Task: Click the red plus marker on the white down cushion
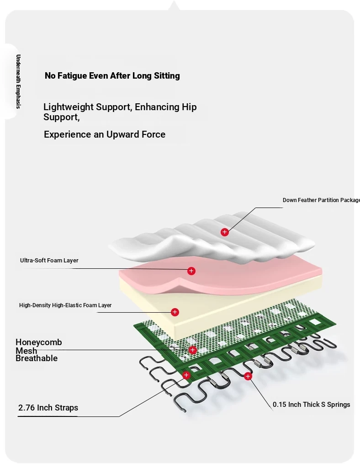point(224,232)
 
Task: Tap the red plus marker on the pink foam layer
point(191,271)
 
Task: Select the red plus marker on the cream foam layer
point(175,312)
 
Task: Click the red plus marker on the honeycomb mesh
point(193,350)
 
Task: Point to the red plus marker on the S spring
point(248,376)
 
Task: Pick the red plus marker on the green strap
point(186,375)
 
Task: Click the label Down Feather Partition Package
point(321,200)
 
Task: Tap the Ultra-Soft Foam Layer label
point(49,261)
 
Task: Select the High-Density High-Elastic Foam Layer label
point(65,305)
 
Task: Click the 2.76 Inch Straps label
point(48,408)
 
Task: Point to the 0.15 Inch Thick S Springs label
point(312,405)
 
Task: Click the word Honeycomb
point(39,342)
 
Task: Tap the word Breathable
point(37,358)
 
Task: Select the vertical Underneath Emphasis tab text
point(18,81)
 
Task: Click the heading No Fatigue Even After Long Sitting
point(112,76)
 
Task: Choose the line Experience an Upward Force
point(105,134)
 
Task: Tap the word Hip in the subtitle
point(189,107)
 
